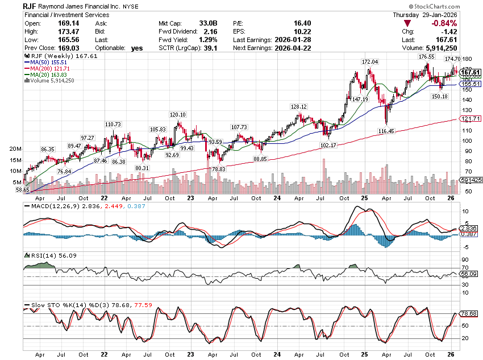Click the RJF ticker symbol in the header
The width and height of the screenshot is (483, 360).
pyautogui.click(x=31, y=5)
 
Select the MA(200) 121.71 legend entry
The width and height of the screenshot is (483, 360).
pyautogui.click(x=47, y=68)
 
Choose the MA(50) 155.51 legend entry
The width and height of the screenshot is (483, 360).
pyautogui.click(x=45, y=63)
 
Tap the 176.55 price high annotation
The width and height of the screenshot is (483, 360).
pyautogui.click(x=411, y=57)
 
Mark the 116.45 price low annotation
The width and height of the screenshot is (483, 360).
pyautogui.click(x=386, y=131)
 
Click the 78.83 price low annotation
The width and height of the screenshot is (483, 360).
pyautogui.click(x=219, y=169)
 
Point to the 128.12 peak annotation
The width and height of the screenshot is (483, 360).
pyautogui.click(x=298, y=106)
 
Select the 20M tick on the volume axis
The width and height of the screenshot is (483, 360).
pyautogui.click(x=15, y=148)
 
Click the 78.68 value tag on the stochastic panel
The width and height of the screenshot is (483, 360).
pyautogui.click(x=469, y=314)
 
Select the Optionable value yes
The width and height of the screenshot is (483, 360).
pyautogui.click(x=136, y=48)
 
